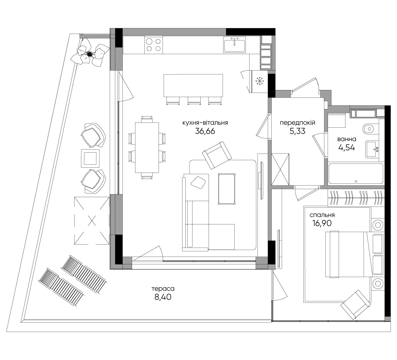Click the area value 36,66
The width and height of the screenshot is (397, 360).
pyautogui.click(x=205, y=131)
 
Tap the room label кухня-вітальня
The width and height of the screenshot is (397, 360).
pyautogui.click(x=205, y=123)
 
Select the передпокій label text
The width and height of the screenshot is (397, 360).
pyautogui.click(x=297, y=123)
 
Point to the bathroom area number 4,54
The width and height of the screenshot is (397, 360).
pyautogui.click(x=347, y=148)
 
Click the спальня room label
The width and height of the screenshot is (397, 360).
pyautogui.click(x=322, y=215)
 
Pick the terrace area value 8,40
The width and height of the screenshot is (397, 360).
pyautogui.click(x=163, y=297)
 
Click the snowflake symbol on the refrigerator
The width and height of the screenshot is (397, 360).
pyautogui.click(x=259, y=81)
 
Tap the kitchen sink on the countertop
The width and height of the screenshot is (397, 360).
pyautogui.click(x=235, y=44)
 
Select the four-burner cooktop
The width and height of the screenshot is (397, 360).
pyautogui.click(x=154, y=45)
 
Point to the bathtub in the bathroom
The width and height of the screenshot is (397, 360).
pyautogui.click(x=356, y=174)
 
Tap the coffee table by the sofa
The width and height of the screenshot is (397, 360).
pyautogui.click(x=226, y=189)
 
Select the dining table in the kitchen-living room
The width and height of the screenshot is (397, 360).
pyautogui.click(x=147, y=148)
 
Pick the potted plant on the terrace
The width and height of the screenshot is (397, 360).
pyautogui.click(x=90, y=53)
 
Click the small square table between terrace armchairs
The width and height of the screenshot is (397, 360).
pyautogui.click(x=90, y=158)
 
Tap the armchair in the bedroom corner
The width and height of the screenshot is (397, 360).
pyautogui.click(x=356, y=305)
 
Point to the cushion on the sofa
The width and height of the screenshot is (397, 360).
pyautogui.click(x=198, y=182)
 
